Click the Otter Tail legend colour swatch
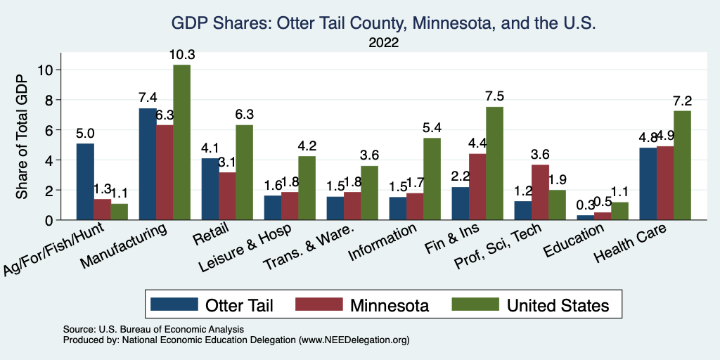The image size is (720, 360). pos(174,304)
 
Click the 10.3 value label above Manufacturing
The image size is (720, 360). pos(181,54)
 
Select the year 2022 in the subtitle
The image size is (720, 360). pos(383,44)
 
